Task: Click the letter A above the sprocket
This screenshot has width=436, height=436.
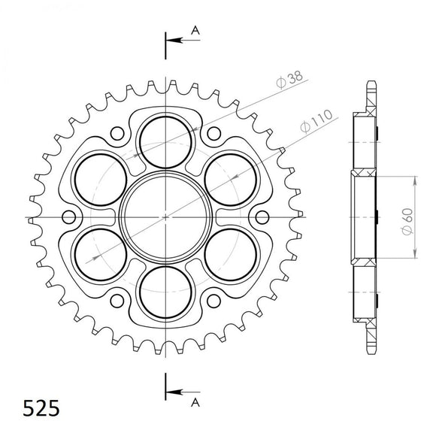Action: point(195,29)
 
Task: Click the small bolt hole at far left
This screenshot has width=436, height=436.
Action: point(69,217)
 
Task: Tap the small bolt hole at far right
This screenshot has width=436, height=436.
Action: point(261,217)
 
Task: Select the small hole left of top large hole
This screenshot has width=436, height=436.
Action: point(117,135)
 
